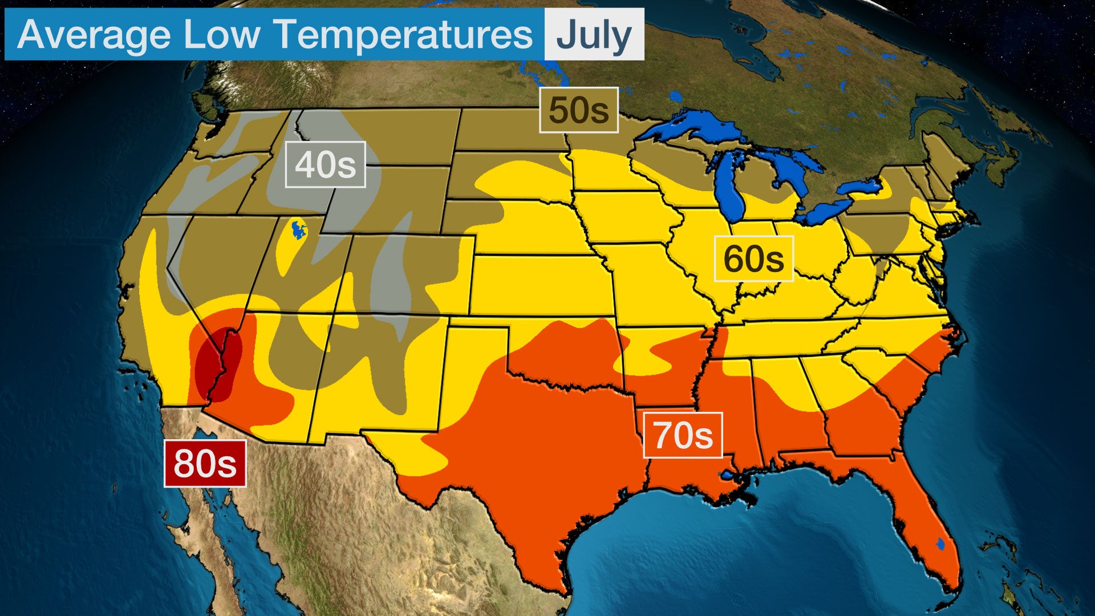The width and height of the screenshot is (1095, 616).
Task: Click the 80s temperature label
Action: click(x=205, y=463)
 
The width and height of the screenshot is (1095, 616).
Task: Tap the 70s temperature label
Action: click(x=683, y=435)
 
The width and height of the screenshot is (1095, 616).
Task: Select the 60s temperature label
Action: click(x=753, y=258)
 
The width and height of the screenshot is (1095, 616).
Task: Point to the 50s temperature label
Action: click(x=579, y=110)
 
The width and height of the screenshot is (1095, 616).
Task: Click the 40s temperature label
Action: click(x=325, y=164)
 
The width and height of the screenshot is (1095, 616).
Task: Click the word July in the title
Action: click(x=594, y=35)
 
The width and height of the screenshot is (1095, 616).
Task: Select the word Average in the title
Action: click(x=94, y=35)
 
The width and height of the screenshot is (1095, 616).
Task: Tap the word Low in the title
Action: click(x=221, y=35)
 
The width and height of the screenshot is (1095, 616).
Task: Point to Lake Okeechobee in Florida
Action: click(x=940, y=545)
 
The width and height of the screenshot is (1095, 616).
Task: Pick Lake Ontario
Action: click(x=861, y=187)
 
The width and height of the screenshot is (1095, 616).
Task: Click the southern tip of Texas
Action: click(x=562, y=590)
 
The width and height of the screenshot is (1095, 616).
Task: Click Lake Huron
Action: click(x=793, y=171)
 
